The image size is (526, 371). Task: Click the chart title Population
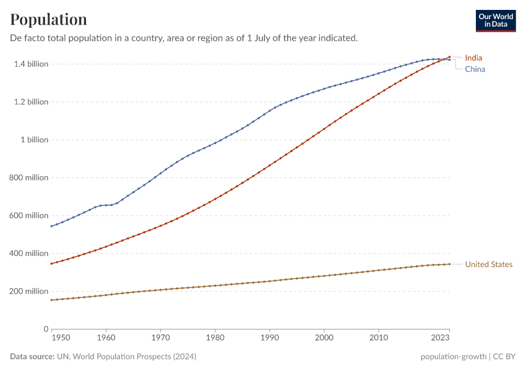click(x=49, y=19)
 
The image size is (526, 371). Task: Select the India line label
click(x=473, y=58)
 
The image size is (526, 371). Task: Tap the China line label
click(x=475, y=69)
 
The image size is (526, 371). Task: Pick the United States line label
click(x=488, y=265)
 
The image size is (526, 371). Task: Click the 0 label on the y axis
click(x=46, y=329)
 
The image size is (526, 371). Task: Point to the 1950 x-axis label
click(x=61, y=338)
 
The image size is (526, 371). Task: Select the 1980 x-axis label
click(x=215, y=338)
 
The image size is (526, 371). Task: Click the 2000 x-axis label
click(x=324, y=338)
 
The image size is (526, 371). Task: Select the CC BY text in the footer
click(x=505, y=357)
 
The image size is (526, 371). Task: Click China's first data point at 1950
click(x=51, y=226)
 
